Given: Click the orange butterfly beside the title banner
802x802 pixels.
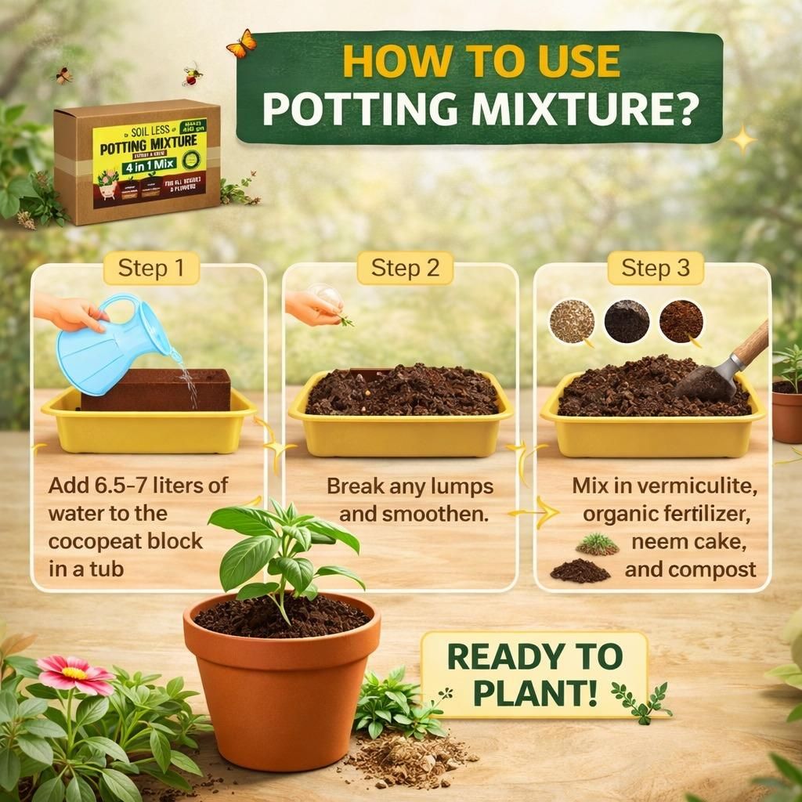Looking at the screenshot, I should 241,43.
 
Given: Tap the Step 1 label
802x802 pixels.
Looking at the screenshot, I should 151,269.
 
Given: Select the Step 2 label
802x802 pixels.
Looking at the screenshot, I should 405,269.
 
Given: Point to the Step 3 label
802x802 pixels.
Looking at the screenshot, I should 656,269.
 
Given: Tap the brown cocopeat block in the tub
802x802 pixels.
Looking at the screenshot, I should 157,389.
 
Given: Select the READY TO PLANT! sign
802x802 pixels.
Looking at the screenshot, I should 535,673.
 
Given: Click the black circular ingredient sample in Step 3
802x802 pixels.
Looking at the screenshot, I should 627,321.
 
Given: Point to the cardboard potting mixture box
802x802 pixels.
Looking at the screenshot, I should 137,161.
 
